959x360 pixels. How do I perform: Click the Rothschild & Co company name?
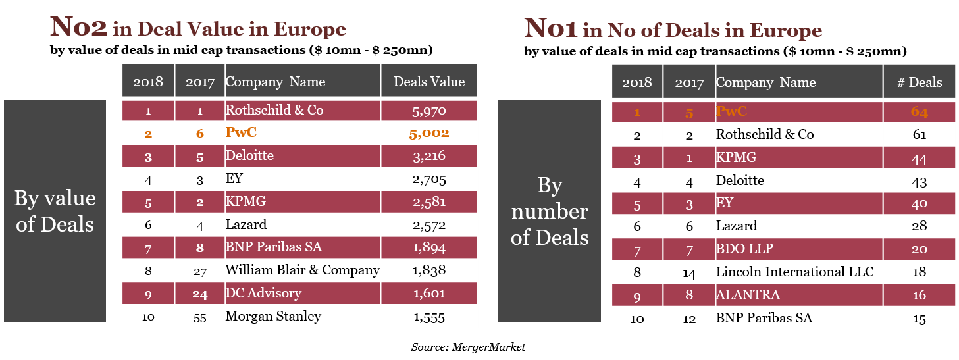pos(274,110)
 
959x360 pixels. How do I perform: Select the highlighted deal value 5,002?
pos(429,133)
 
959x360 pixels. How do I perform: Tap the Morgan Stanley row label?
pos(273,317)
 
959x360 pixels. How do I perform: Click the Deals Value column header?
pos(429,82)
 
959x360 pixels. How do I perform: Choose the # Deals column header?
pos(920,82)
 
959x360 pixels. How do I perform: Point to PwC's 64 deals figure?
pos(920,112)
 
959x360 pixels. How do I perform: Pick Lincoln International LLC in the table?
pos(795,272)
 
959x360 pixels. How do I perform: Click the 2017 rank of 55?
pos(200,317)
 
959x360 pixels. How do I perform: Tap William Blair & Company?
pos(303,270)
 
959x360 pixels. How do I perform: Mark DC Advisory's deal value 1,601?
pos(429,294)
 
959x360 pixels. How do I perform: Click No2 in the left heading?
pos(79,28)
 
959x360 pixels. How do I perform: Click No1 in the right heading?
pos(552,28)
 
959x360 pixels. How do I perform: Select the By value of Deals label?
pos(55,211)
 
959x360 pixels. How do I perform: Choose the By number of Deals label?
pos(550,211)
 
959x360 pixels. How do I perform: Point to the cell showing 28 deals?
pos(920,226)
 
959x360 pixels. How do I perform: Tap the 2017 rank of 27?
pos(200,270)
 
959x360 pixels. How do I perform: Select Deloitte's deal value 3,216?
pos(429,156)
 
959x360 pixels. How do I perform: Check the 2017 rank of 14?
pos(689,272)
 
